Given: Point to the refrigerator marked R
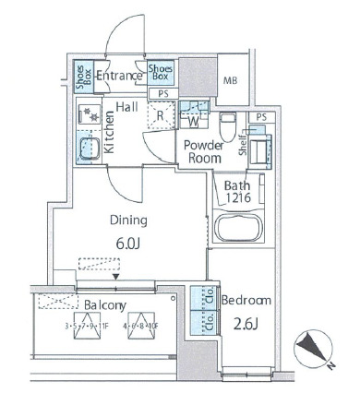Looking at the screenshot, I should (161, 116).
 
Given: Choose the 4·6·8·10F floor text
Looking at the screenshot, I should (147, 326).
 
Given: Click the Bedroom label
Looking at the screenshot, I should (246, 301).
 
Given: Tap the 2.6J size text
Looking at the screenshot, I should (246, 324).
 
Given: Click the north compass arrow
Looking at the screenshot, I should (314, 350).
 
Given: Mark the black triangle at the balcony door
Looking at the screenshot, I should (115, 275).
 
